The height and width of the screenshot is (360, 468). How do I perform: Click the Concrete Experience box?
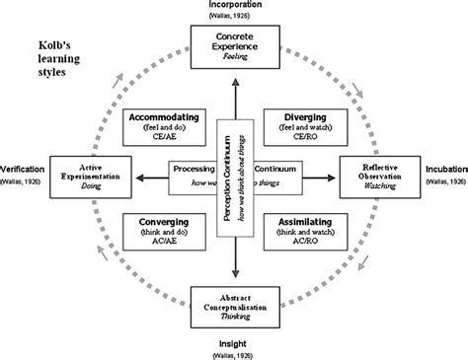coord(235,47)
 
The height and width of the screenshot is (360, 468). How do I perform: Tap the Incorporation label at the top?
coord(235,6)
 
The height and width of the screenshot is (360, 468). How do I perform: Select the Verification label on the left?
coord(22,169)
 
